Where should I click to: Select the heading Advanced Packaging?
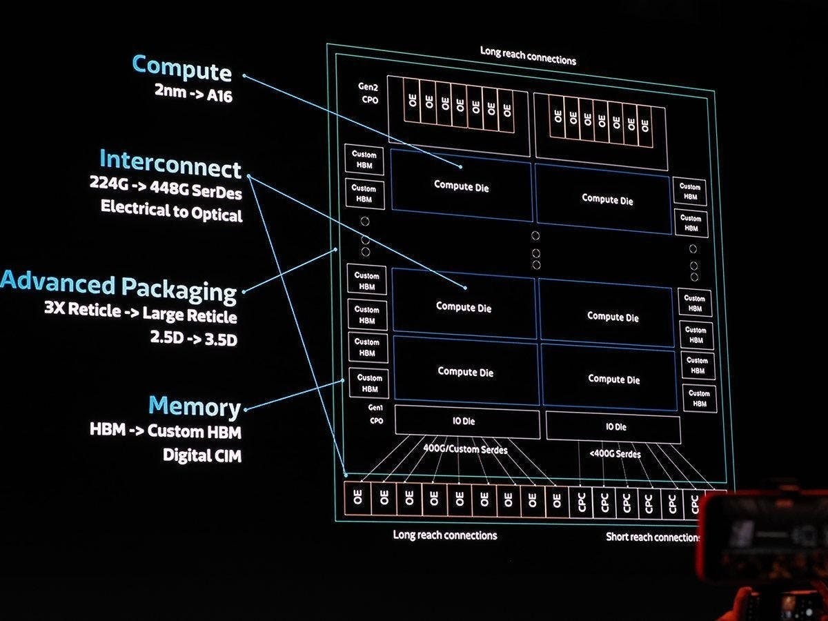(x=119, y=286)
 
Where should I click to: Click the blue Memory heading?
(x=195, y=406)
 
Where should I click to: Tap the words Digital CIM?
(x=202, y=455)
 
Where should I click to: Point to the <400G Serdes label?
(x=614, y=454)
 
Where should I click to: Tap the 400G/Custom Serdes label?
(x=465, y=450)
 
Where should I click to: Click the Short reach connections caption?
(x=653, y=537)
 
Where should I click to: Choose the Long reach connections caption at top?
(x=528, y=55)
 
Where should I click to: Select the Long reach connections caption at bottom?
(x=445, y=535)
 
